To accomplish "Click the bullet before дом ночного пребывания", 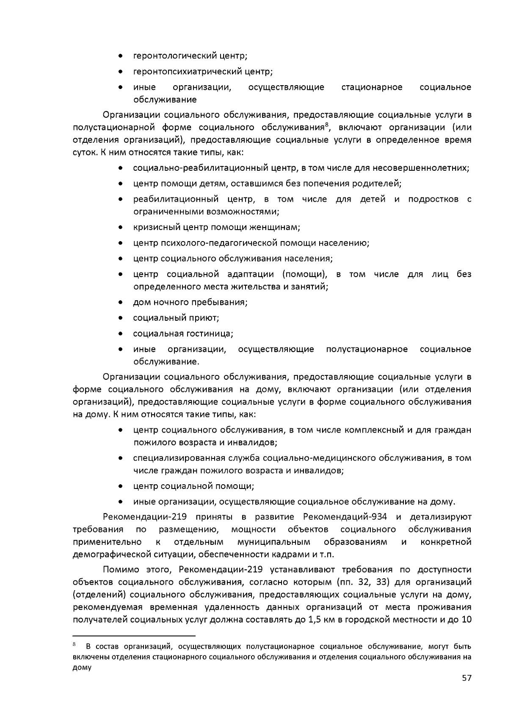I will (x=121, y=303).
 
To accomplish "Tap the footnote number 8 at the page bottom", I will (x=75, y=644).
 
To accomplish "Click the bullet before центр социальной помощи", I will (x=121, y=486).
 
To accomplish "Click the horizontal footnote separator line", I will (x=134, y=636).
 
